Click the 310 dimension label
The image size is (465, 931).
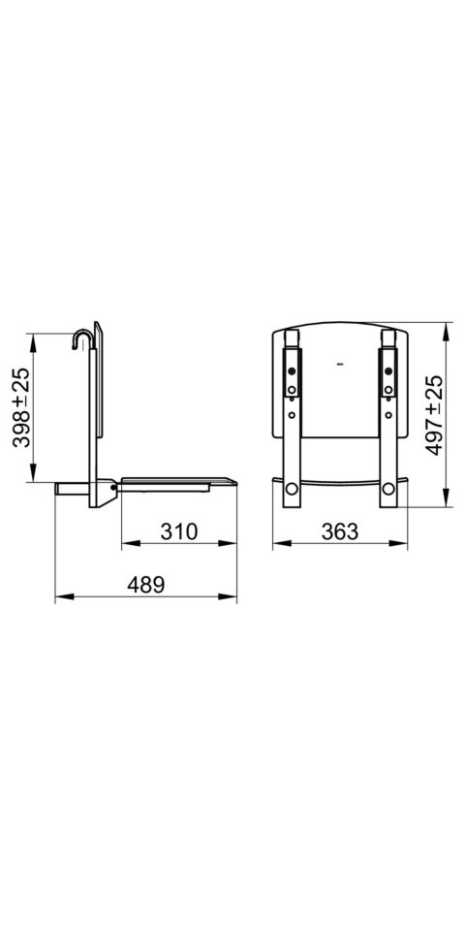point(178,531)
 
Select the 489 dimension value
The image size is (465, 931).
point(145,585)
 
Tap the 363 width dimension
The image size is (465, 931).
point(340,531)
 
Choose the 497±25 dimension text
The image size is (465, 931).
point(435,415)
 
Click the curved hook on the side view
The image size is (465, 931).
point(81,340)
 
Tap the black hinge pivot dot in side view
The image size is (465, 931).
point(112,487)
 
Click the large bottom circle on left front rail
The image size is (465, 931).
point(292,489)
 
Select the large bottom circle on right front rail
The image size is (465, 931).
point(387,489)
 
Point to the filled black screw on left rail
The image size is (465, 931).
point(292,371)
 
